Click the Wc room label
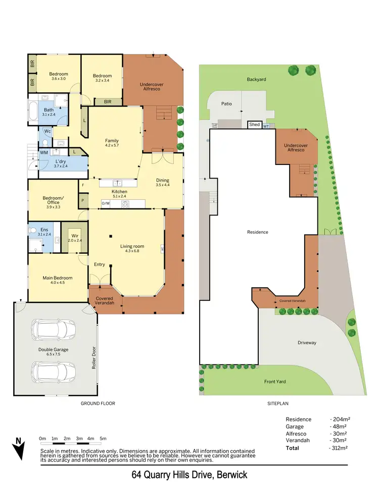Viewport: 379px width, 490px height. (x=48, y=131)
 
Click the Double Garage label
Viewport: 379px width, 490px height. (x=53, y=349)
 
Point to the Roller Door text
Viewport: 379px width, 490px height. (x=94, y=358)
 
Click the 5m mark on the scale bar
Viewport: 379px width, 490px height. (x=103, y=438)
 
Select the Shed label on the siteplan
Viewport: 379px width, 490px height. (x=254, y=125)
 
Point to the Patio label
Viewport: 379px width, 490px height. (x=226, y=103)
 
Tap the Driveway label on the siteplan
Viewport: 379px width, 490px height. (x=307, y=343)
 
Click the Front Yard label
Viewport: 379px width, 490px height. (x=275, y=382)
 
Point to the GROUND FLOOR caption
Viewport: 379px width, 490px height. (x=98, y=404)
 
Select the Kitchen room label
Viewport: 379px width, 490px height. (x=119, y=192)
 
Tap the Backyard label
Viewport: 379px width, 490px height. (x=256, y=79)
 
